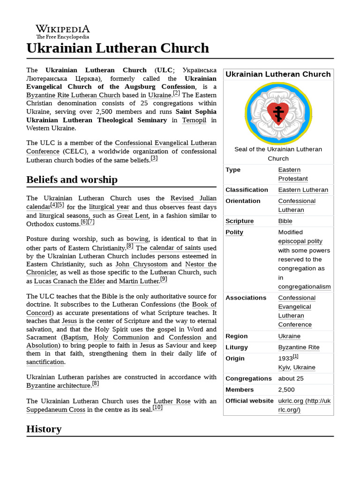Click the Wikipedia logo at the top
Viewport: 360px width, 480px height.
click(x=63, y=31)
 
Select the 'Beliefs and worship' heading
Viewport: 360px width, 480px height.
click(x=72, y=180)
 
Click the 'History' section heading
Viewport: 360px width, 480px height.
click(x=44, y=429)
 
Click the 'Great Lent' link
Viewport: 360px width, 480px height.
click(x=133, y=216)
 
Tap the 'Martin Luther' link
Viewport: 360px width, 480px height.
click(x=139, y=281)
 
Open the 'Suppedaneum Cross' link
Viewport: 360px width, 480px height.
click(x=56, y=410)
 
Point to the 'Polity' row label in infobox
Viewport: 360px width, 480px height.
click(x=234, y=232)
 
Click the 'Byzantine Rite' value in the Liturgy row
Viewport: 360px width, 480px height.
click(x=299, y=347)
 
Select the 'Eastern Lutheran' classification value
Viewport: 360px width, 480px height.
click(x=303, y=190)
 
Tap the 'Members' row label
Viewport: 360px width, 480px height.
click(x=239, y=390)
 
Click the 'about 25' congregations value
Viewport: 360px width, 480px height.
click(x=291, y=378)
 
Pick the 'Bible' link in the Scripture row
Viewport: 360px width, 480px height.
click(x=285, y=221)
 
